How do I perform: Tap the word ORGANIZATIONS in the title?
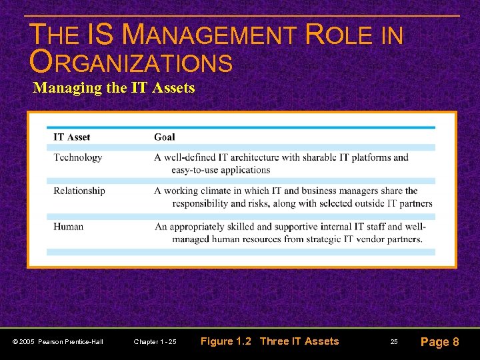click(131, 63)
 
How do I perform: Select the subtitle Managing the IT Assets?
click(113, 87)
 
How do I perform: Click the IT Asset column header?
click(72, 137)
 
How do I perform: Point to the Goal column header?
click(164, 137)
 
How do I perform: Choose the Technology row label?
click(78, 157)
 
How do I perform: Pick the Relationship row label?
click(79, 191)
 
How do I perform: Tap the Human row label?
click(69, 227)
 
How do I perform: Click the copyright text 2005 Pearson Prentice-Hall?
click(58, 342)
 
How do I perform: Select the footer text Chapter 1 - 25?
click(155, 342)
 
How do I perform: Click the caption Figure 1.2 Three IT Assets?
click(270, 341)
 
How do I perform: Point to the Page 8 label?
click(439, 342)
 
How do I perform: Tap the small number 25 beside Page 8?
click(394, 342)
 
